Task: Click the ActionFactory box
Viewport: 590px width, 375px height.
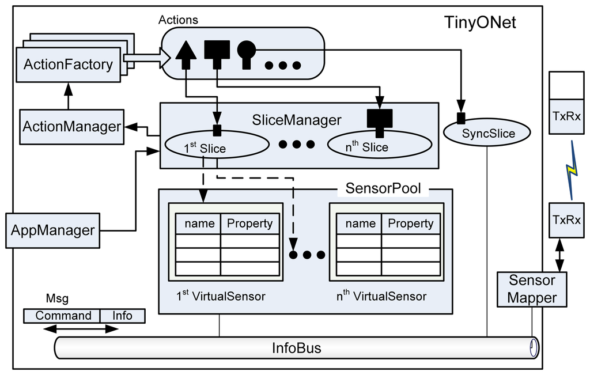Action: (x=68, y=65)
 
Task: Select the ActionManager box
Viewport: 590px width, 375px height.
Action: (x=71, y=127)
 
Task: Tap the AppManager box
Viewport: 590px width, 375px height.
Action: (x=52, y=230)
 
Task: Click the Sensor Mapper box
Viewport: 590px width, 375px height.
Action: (x=532, y=289)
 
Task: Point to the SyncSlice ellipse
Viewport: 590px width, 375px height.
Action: (x=487, y=132)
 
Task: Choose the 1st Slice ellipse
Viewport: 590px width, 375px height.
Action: (x=217, y=145)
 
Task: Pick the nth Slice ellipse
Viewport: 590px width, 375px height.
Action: (x=379, y=145)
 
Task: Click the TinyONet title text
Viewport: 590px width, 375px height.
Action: (x=480, y=22)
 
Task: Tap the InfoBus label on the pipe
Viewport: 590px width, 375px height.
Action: (x=297, y=348)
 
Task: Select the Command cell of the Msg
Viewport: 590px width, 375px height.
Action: (x=62, y=316)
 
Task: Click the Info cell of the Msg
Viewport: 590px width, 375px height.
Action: (x=123, y=316)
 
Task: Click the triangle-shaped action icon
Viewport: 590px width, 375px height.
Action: (x=186, y=55)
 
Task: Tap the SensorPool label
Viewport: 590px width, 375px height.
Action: (x=383, y=188)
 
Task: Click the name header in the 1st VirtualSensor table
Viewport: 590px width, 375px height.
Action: (x=199, y=224)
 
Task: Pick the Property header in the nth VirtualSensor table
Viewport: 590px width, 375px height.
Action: (x=410, y=224)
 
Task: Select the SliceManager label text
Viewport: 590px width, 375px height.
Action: (x=297, y=120)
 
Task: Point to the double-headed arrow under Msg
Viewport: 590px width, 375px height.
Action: (x=81, y=329)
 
